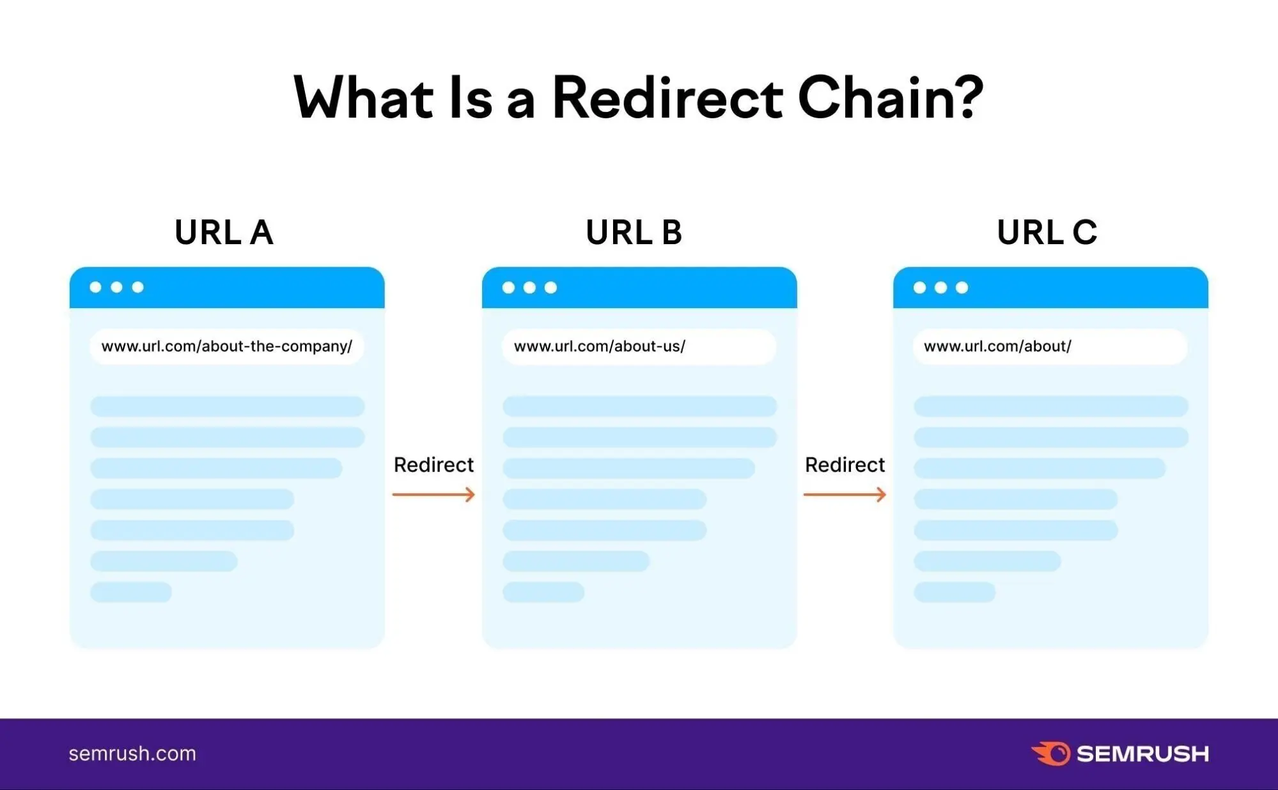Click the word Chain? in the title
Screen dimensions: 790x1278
coord(890,98)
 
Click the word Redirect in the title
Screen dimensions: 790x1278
coord(667,98)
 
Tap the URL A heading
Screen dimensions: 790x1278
coord(224,232)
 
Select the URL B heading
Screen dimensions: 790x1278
coord(634,232)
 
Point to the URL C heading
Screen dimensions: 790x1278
coord(1047,232)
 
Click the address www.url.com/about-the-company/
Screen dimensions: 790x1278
coord(226,346)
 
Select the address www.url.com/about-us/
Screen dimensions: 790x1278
coord(599,346)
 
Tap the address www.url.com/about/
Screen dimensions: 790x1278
coord(997,346)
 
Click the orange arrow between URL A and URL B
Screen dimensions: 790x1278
coord(433,494)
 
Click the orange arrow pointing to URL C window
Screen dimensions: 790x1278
coord(845,494)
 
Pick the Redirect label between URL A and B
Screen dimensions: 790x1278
coord(433,465)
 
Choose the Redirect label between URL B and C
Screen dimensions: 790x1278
coord(845,465)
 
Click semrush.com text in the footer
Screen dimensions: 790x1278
coord(132,754)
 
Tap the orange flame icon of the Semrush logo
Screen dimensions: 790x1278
coord(1051,754)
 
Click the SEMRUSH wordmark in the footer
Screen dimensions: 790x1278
coord(1142,754)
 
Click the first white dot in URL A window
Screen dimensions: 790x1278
coord(96,287)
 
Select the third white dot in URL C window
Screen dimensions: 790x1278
coord(962,288)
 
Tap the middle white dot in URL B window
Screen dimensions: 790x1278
coord(529,288)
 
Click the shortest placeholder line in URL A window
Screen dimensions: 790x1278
coord(131,592)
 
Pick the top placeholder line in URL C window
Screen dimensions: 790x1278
coord(1050,407)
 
